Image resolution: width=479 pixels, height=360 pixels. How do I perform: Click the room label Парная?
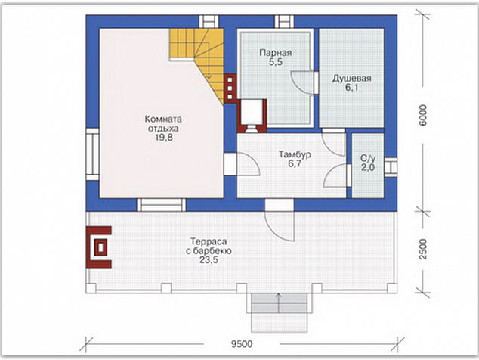[x=275, y=53]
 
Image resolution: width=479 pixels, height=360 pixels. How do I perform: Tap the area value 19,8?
[x=164, y=138]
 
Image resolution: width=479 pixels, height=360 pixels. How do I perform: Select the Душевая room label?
[x=351, y=79]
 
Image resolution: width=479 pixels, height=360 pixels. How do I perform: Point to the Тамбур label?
[x=295, y=154]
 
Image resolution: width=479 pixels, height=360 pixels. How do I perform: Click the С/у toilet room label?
[x=368, y=158]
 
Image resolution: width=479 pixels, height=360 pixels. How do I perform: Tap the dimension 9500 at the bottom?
[x=242, y=344]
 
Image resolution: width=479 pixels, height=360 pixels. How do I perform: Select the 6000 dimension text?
[x=423, y=115]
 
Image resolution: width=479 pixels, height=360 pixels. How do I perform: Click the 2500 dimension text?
[x=423, y=250]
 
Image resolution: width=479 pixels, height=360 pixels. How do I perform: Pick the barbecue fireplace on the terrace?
[x=99, y=247]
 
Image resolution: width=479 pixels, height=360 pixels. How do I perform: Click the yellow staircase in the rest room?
[x=197, y=61]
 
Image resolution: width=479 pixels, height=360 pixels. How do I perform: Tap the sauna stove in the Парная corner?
[x=252, y=116]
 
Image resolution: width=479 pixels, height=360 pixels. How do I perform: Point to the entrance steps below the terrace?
[x=279, y=312]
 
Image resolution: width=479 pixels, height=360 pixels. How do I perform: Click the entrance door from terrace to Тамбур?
[x=280, y=220]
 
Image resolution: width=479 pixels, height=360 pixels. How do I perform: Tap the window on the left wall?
[x=93, y=154]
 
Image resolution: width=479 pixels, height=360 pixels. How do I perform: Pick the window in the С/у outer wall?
[x=391, y=168]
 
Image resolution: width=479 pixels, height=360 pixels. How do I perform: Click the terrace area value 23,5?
[x=209, y=260]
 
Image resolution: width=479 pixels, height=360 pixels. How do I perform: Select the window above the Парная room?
[x=284, y=22]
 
